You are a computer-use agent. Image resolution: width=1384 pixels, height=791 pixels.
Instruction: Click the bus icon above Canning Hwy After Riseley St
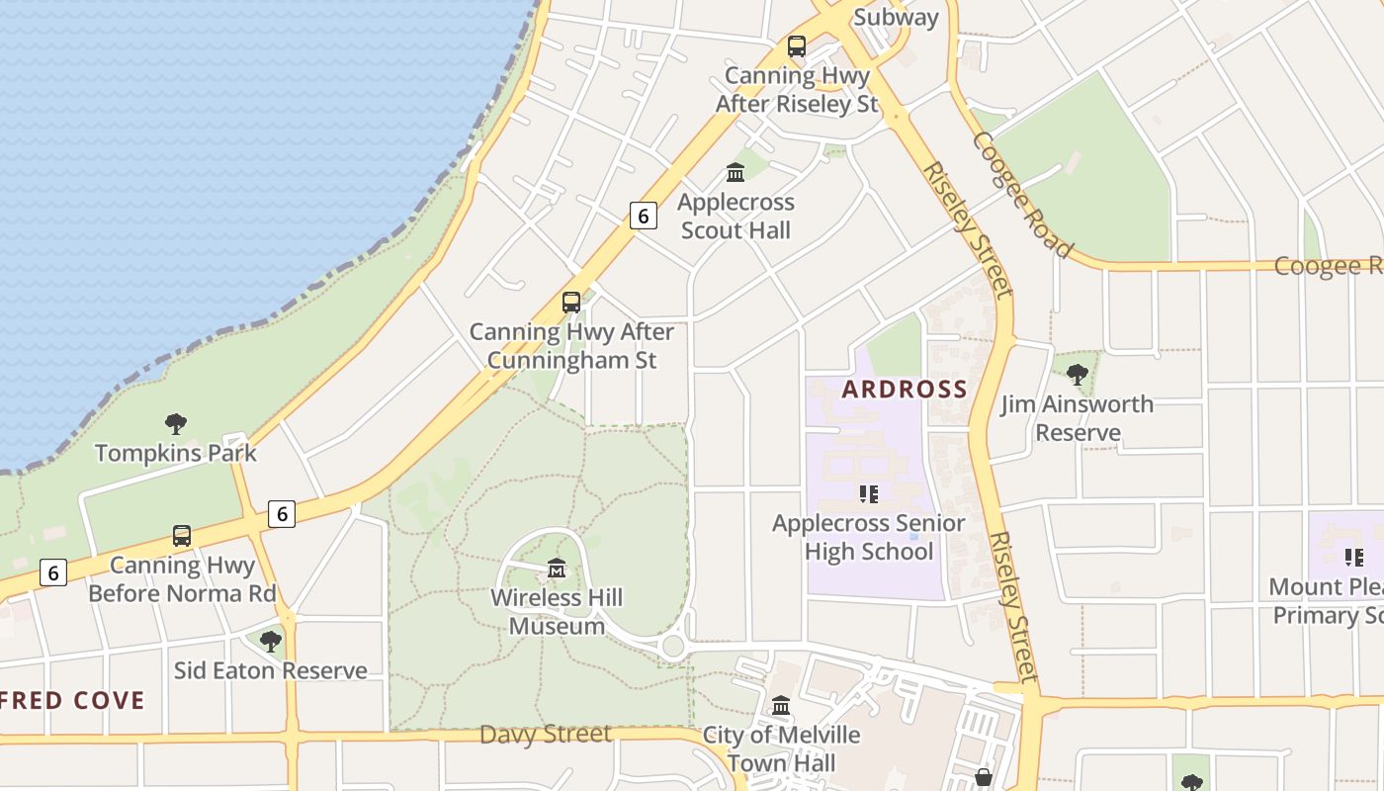coord(797,45)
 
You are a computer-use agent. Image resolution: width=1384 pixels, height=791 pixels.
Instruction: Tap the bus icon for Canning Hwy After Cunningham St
coord(571,302)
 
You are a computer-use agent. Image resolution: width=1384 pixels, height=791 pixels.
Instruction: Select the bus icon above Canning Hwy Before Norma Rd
coord(182,535)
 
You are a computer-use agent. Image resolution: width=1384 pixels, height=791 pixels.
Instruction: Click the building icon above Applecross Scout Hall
coord(735,172)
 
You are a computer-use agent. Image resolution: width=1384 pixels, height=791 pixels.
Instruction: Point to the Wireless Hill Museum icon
coord(557,569)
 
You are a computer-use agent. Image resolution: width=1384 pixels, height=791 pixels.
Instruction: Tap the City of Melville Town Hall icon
coord(781,705)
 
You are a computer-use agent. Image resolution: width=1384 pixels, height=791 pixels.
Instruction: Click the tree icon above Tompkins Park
coord(176,424)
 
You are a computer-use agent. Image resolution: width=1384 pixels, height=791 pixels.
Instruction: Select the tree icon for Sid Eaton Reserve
coord(270,641)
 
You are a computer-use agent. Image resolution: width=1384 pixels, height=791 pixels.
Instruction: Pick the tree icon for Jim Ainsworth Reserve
coord(1078,374)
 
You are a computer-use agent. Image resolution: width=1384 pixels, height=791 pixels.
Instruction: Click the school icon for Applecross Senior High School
coord(868,493)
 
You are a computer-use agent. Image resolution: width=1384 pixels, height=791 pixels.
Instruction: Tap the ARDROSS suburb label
coord(904,389)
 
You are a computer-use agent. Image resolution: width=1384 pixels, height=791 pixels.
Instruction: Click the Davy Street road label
coord(546,734)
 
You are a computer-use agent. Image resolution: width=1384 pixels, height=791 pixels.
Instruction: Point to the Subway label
coord(895,17)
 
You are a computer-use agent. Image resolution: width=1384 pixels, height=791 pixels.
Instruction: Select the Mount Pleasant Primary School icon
coord(1354,558)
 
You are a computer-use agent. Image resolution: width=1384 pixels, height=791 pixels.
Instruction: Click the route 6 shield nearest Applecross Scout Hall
coord(644,215)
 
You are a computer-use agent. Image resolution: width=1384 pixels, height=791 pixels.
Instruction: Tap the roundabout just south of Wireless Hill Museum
coord(673,647)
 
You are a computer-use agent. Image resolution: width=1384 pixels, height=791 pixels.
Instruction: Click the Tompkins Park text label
coord(176,453)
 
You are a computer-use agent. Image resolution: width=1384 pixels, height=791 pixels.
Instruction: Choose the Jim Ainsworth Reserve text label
coord(1077,418)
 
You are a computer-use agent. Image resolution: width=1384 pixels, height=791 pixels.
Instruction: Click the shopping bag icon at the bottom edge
coord(983,777)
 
